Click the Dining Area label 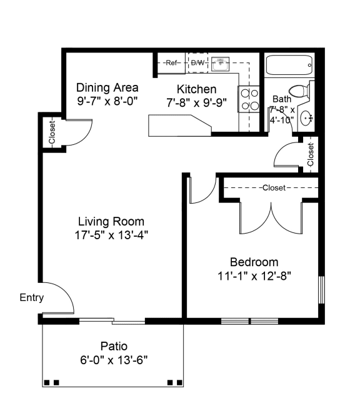pos(107,87)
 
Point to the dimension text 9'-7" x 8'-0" pos(107,100)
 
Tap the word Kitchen pos(196,89)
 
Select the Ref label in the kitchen pos(172,62)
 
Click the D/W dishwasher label pos(197,62)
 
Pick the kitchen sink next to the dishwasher pos(221,62)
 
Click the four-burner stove pos(249,99)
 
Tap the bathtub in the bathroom pos(289,65)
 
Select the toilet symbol pos(302,91)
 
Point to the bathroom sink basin pos(306,117)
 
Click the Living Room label pos(111,221)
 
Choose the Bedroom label pos(254,262)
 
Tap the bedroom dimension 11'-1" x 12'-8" pos(254,275)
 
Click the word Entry pos(31,298)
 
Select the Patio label pos(114,346)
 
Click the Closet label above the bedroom pos(273,187)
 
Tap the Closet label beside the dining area pos(52,132)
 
